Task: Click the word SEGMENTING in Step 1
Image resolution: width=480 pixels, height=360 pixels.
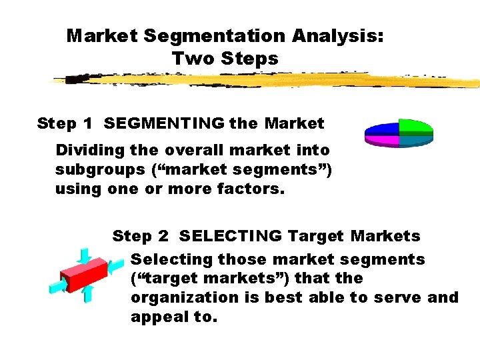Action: tap(164, 123)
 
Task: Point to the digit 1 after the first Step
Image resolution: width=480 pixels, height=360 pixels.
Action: tap(87, 123)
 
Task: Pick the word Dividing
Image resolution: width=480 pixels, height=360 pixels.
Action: tap(87, 151)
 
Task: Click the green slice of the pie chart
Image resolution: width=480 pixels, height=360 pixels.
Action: tap(415, 127)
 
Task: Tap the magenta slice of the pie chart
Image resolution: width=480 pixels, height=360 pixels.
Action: tap(381, 139)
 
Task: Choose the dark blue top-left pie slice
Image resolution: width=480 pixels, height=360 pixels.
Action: tap(383, 128)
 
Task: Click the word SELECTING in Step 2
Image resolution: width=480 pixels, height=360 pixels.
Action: tap(231, 236)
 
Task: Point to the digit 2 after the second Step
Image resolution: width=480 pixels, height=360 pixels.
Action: tap(163, 236)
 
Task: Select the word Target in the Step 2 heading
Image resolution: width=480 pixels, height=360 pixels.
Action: tap(316, 236)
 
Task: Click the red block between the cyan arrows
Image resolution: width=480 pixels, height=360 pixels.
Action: tap(84, 274)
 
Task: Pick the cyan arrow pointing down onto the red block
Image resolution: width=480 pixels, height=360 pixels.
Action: tap(84, 255)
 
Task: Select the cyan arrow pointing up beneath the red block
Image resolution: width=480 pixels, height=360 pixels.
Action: tap(87, 294)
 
